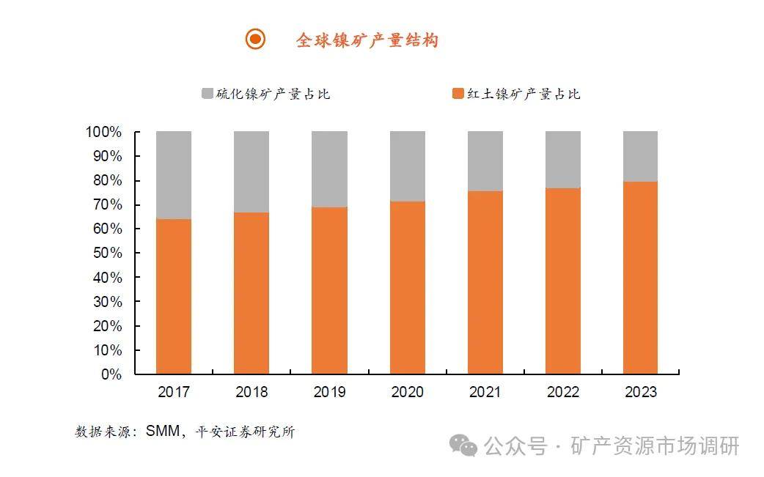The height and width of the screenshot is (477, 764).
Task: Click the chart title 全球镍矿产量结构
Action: pos(367,40)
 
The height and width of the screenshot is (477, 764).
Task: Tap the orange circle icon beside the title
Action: pos(255,40)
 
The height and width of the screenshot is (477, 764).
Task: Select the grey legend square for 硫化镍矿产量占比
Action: pos(207,94)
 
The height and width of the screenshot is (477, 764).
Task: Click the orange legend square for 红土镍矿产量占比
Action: pos(458,94)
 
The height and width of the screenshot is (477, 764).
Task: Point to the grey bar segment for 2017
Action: pos(174,175)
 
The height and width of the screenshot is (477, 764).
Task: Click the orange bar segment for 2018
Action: pos(251,293)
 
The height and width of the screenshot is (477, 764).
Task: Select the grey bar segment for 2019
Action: pos(329,169)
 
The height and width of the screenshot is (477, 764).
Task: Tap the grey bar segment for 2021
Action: pos(485,161)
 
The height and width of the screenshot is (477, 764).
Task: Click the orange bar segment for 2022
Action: pos(563,281)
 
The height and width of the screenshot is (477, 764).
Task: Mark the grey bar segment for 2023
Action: pos(640,156)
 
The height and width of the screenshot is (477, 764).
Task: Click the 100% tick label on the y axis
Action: pos(103,133)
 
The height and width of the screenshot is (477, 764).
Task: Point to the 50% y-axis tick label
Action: pos(106,254)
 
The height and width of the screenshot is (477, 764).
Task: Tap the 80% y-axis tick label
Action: pos(106,181)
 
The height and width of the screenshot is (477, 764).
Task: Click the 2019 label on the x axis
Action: pos(329,392)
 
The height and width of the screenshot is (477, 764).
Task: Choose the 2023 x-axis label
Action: pos(640,392)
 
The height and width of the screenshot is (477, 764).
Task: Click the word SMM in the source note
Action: pos(162,432)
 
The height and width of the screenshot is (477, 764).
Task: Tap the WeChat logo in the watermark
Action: pos(463,445)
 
